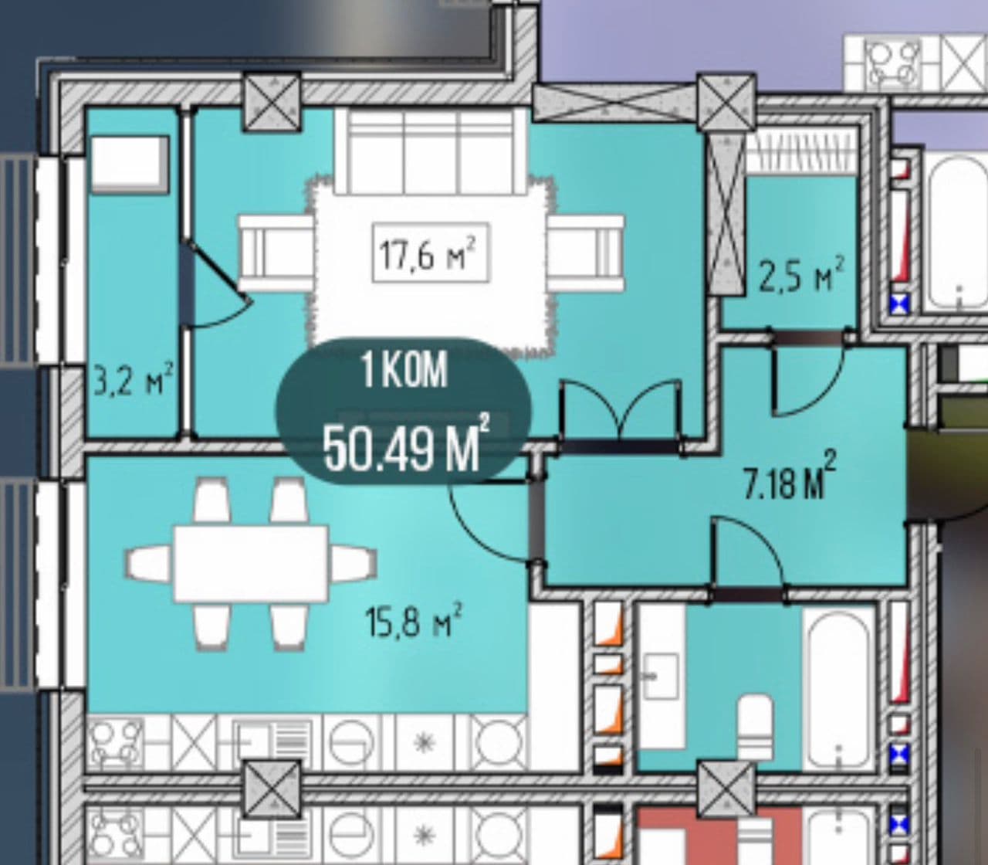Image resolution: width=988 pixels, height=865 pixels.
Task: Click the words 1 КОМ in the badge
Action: tap(404, 371)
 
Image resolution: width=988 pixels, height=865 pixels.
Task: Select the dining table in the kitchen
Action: tap(251, 564)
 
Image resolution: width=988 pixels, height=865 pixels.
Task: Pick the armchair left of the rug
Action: tap(276, 253)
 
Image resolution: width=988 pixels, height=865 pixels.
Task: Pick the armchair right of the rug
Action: tap(585, 253)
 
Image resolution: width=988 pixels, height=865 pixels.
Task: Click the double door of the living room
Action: tap(621, 413)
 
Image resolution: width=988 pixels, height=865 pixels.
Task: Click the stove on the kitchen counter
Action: tap(115, 741)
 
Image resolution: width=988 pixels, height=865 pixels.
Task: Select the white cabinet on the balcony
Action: tap(130, 165)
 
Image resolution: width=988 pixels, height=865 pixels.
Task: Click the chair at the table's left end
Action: tap(149, 563)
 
